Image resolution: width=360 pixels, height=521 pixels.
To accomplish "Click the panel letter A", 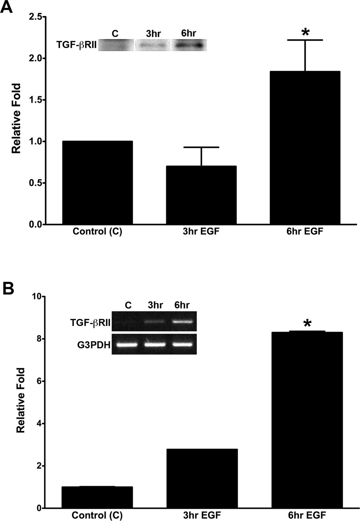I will point(6,7).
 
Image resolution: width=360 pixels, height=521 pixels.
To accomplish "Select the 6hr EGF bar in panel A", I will point(305,148).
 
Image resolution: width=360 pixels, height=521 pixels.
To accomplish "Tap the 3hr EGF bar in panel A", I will point(201,195).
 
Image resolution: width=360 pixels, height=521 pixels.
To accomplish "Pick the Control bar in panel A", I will point(97,182).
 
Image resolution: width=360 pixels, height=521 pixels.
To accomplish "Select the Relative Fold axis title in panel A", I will point(16,118).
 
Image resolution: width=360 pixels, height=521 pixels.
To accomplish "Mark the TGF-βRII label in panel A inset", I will point(77,45).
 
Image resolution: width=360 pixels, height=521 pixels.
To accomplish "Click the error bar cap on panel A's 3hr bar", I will point(201,147).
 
